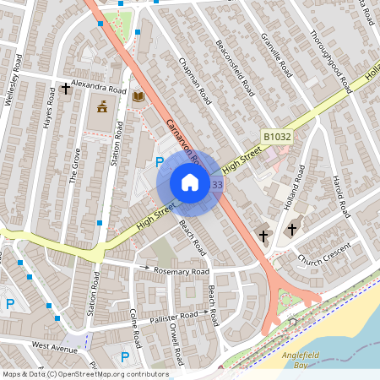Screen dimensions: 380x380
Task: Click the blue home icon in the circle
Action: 189,182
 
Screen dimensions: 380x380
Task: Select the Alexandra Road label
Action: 99,88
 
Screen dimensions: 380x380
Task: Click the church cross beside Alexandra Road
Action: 65,88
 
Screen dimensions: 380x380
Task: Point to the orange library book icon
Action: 138,97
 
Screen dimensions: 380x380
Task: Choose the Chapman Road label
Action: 194,81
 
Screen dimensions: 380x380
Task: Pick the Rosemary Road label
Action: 182,272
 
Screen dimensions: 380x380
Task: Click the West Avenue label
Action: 54,345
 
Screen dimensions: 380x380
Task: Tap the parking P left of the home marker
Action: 159,161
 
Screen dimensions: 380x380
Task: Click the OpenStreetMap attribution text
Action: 84,374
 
